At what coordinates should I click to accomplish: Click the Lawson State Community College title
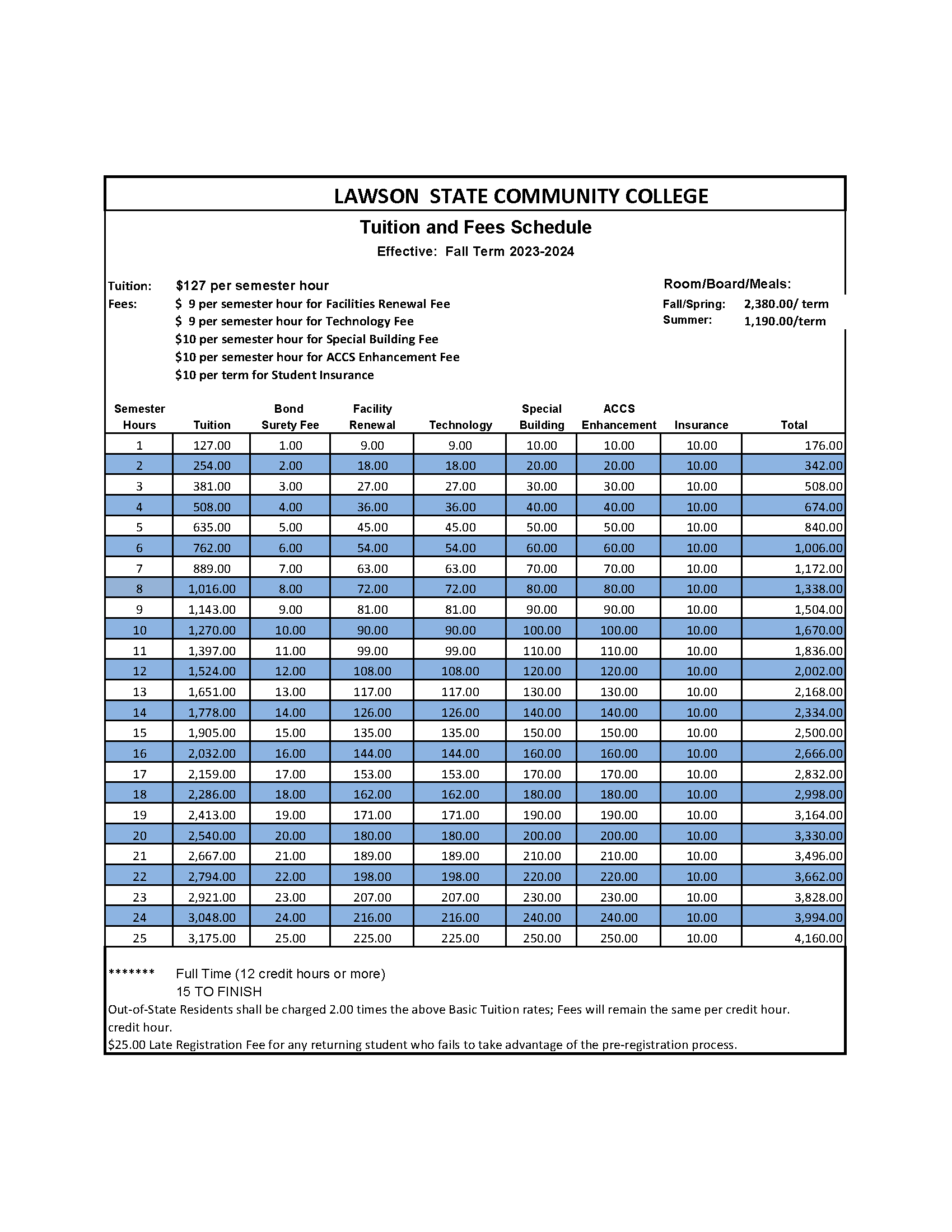coord(521,197)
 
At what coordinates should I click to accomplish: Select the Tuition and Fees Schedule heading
coord(475,227)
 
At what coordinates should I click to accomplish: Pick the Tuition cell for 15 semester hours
coord(212,733)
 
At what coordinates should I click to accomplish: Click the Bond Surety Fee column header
coord(290,417)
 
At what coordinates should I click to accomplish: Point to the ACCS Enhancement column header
coord(619,417)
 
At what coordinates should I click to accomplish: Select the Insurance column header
coord(701,426)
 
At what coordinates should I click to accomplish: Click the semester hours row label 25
coord(139,938)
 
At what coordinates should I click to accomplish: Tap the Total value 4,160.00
coord(818,938)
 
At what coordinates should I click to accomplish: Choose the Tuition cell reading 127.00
coord(212,446)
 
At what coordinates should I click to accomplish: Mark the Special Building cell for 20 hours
coord(542,836)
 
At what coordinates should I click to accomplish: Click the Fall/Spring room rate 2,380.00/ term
coord(786,304)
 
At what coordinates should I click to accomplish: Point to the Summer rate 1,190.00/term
coord(785,321)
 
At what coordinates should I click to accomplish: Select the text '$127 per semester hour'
coord(252,286)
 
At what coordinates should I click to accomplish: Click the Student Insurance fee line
coord(274,375)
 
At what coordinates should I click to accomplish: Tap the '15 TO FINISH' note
coord(219,991)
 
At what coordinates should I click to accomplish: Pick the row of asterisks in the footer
coord(132,973)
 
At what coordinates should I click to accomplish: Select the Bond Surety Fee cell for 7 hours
coord(290,568)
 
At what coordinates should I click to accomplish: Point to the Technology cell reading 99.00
coord(460,651)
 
